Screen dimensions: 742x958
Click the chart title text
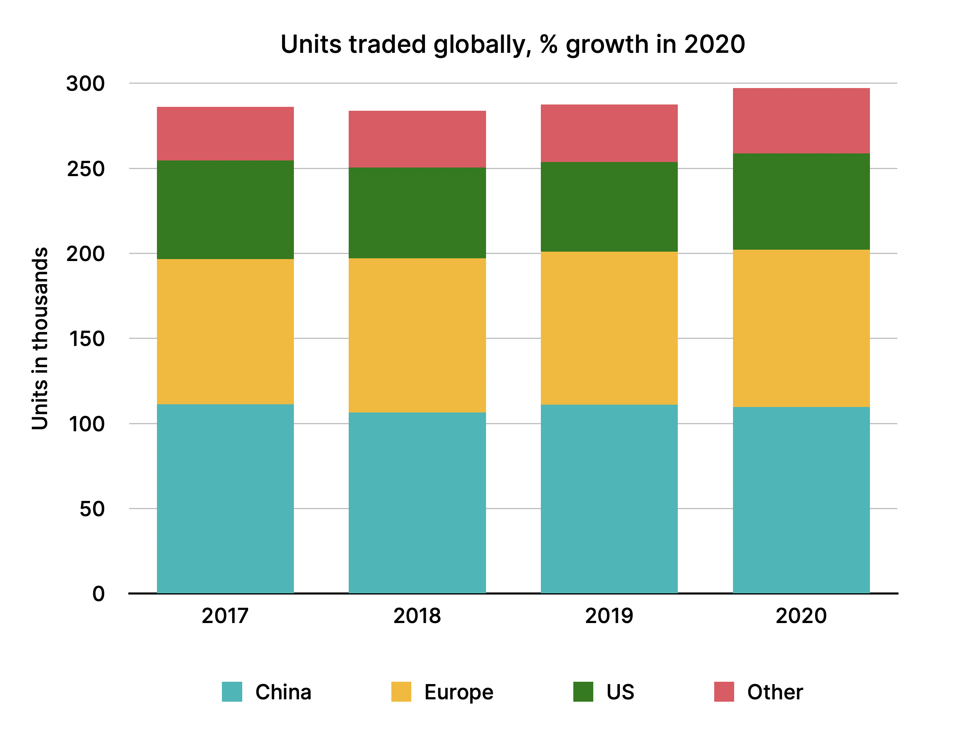click(512, 45)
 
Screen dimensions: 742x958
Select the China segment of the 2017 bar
click(225, 499)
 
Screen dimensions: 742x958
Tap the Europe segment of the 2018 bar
click(417, 335)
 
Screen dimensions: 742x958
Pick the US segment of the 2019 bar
click(609, 207)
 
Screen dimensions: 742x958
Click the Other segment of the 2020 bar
click(801, 121)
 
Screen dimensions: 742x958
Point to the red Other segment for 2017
click(225, 133)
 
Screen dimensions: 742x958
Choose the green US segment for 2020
click(801, 201)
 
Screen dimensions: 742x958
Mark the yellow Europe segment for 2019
click(609, 328)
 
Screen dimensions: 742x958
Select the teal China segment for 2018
click(417, 502)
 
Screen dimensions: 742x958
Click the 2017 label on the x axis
click(225, 616)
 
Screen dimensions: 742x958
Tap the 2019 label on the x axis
click(609, 616)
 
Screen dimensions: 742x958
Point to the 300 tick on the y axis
click(86, 83)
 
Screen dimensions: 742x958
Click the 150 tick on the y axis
click(86, 339)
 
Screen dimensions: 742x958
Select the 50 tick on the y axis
click(92, 509)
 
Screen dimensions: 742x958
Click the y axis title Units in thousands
click(40, 339)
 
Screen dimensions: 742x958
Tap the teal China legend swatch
click(232, 692)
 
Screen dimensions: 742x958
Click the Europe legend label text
click(458, 692)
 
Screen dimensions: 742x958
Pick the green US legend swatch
click(583, 692)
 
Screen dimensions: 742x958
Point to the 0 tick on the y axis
click(98, 594)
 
